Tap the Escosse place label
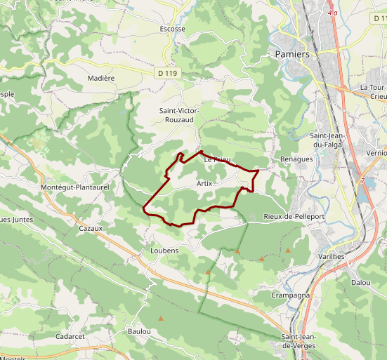[x=173, y=29]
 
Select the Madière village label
[x=101, y=79]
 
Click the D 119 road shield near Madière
[x=166, y=72]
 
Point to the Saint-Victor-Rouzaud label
[x=180, y=116]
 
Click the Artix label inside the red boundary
[x=204, y=183]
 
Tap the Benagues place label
[x=296, y=159]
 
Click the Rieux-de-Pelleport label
[x=294, y=217]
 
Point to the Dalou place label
[x=361, y=282]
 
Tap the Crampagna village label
[x=291, y=295]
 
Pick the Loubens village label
[x=164, y=251]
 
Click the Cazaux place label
[x=91, y=228]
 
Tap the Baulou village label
[x=140, y=331]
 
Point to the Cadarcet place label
[x=70, y=337]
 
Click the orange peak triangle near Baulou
[x=162, y=319]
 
